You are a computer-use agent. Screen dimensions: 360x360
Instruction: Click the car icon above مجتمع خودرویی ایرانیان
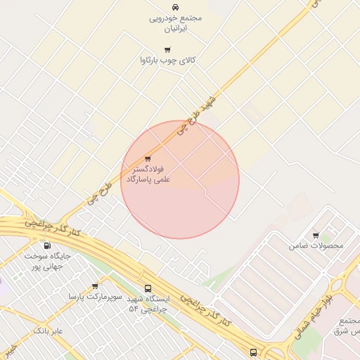175,7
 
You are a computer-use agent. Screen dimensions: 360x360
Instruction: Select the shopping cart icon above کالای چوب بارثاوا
167,49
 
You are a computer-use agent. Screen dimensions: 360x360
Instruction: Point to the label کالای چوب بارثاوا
168,60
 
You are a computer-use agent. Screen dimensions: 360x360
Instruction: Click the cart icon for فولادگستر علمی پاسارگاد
148,159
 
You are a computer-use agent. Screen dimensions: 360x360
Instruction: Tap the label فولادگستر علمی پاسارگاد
148,175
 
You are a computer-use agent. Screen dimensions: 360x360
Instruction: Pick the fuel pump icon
47,245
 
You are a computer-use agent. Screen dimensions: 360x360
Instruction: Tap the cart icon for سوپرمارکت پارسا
95,286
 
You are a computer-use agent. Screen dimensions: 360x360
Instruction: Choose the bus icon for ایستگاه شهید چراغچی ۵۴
148,288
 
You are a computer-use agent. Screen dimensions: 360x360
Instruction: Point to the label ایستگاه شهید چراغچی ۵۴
148,304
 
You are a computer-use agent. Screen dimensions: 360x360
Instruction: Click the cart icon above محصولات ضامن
316,236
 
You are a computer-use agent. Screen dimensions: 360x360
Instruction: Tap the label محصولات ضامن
316,246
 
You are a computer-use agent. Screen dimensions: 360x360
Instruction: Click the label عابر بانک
49,330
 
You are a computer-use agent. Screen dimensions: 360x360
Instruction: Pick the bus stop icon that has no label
253,352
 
